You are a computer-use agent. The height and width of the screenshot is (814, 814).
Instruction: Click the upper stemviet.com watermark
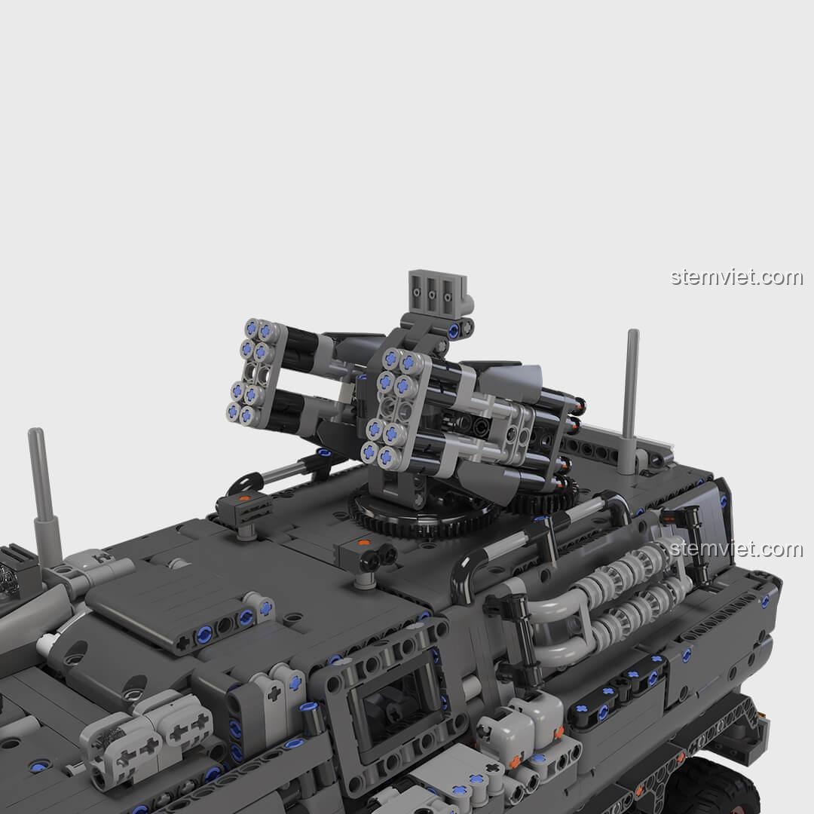pos(736,277)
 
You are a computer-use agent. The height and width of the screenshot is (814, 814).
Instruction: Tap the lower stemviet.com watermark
pos(736,549)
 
